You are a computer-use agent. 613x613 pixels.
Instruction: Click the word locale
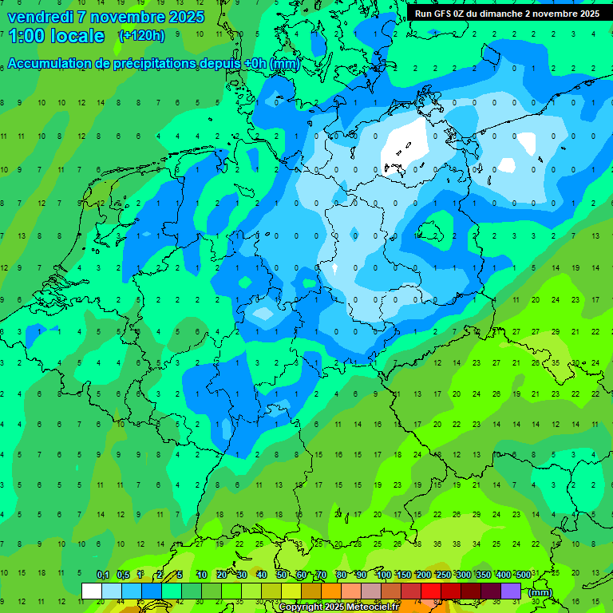pyautogui.click(x=77, y=36)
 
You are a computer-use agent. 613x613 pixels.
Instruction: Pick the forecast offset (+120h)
pyautogui.click(x=141, y=36)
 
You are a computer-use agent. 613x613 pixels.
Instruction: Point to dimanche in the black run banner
pyautogui.click(x=500, y=14)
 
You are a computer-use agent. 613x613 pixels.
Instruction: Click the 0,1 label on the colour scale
pyautogui.click(x=103, y=575)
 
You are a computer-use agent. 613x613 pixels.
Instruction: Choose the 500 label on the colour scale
pyautogui.click(x=523, y=575)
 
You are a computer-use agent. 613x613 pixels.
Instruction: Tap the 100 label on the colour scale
pyautogui.click(x=384, y=575)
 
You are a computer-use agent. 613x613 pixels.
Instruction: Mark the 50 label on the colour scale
pyautogui.click(x=282, y=575)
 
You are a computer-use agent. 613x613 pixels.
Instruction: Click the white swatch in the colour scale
pyautogui.click(x=92, y=591)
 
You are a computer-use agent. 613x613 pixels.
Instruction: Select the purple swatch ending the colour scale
pyautogui.click(x=511, y=591)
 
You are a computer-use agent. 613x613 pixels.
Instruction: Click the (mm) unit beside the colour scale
pyautogui.click(x=540, y=592)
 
